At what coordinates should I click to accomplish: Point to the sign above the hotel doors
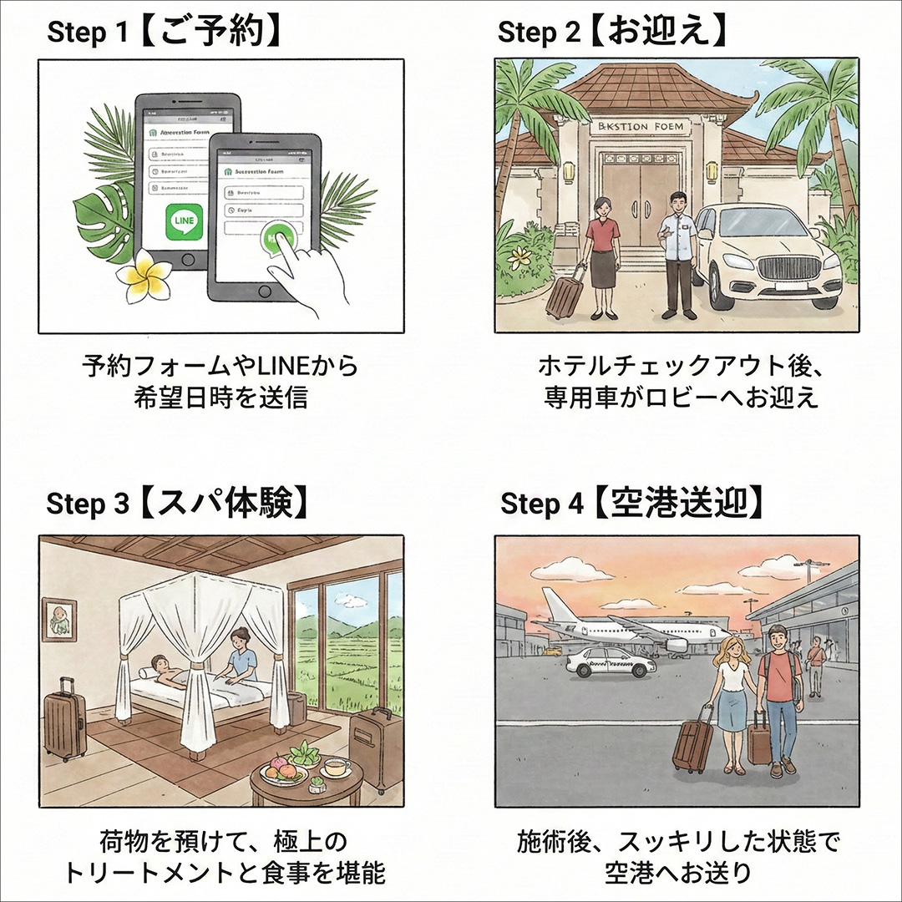pos(641,127)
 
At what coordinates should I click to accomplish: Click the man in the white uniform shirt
pos(677,251)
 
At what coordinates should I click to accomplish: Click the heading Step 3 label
pos(88,504)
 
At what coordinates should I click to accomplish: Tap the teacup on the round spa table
pos(337,767)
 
